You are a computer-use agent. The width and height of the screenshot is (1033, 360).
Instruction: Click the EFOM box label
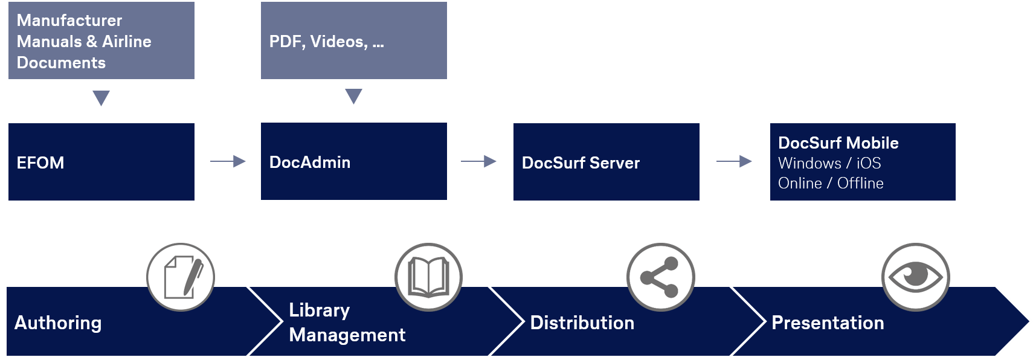coord(40,162)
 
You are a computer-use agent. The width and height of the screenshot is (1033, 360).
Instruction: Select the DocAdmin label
coord(310,162)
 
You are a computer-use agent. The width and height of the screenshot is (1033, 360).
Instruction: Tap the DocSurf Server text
coord(581,162)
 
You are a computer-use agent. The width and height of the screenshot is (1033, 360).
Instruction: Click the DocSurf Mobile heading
coord(838,143)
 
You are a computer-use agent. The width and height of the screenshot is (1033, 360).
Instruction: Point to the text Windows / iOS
coord(829,163)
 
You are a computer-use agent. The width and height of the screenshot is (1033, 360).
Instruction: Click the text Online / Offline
coord(831,183)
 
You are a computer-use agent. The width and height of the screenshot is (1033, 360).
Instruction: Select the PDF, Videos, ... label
coord(326,42)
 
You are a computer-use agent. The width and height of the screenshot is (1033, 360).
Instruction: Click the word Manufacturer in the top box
coord(69,21)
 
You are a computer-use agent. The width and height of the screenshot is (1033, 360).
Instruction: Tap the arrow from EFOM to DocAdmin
coord(228,161)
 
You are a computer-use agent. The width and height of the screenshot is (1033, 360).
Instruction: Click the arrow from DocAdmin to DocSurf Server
coord(478,161)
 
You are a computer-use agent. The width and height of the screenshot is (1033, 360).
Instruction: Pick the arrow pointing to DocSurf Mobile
coord(734,161)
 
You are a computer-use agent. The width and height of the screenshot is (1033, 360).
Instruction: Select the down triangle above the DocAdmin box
coord(353,96)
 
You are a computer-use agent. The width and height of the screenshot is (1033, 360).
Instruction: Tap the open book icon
coord(428,277)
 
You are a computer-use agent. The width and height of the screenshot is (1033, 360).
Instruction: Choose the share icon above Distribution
coord(661,277)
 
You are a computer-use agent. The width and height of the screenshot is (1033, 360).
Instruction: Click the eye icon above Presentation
coord(916,277)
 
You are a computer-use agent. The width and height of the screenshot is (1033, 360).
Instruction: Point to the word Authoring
coord(58,323)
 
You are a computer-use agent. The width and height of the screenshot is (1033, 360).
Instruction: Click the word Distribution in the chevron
coord(582,323)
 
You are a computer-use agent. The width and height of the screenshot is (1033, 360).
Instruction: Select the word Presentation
coord(828,323)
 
